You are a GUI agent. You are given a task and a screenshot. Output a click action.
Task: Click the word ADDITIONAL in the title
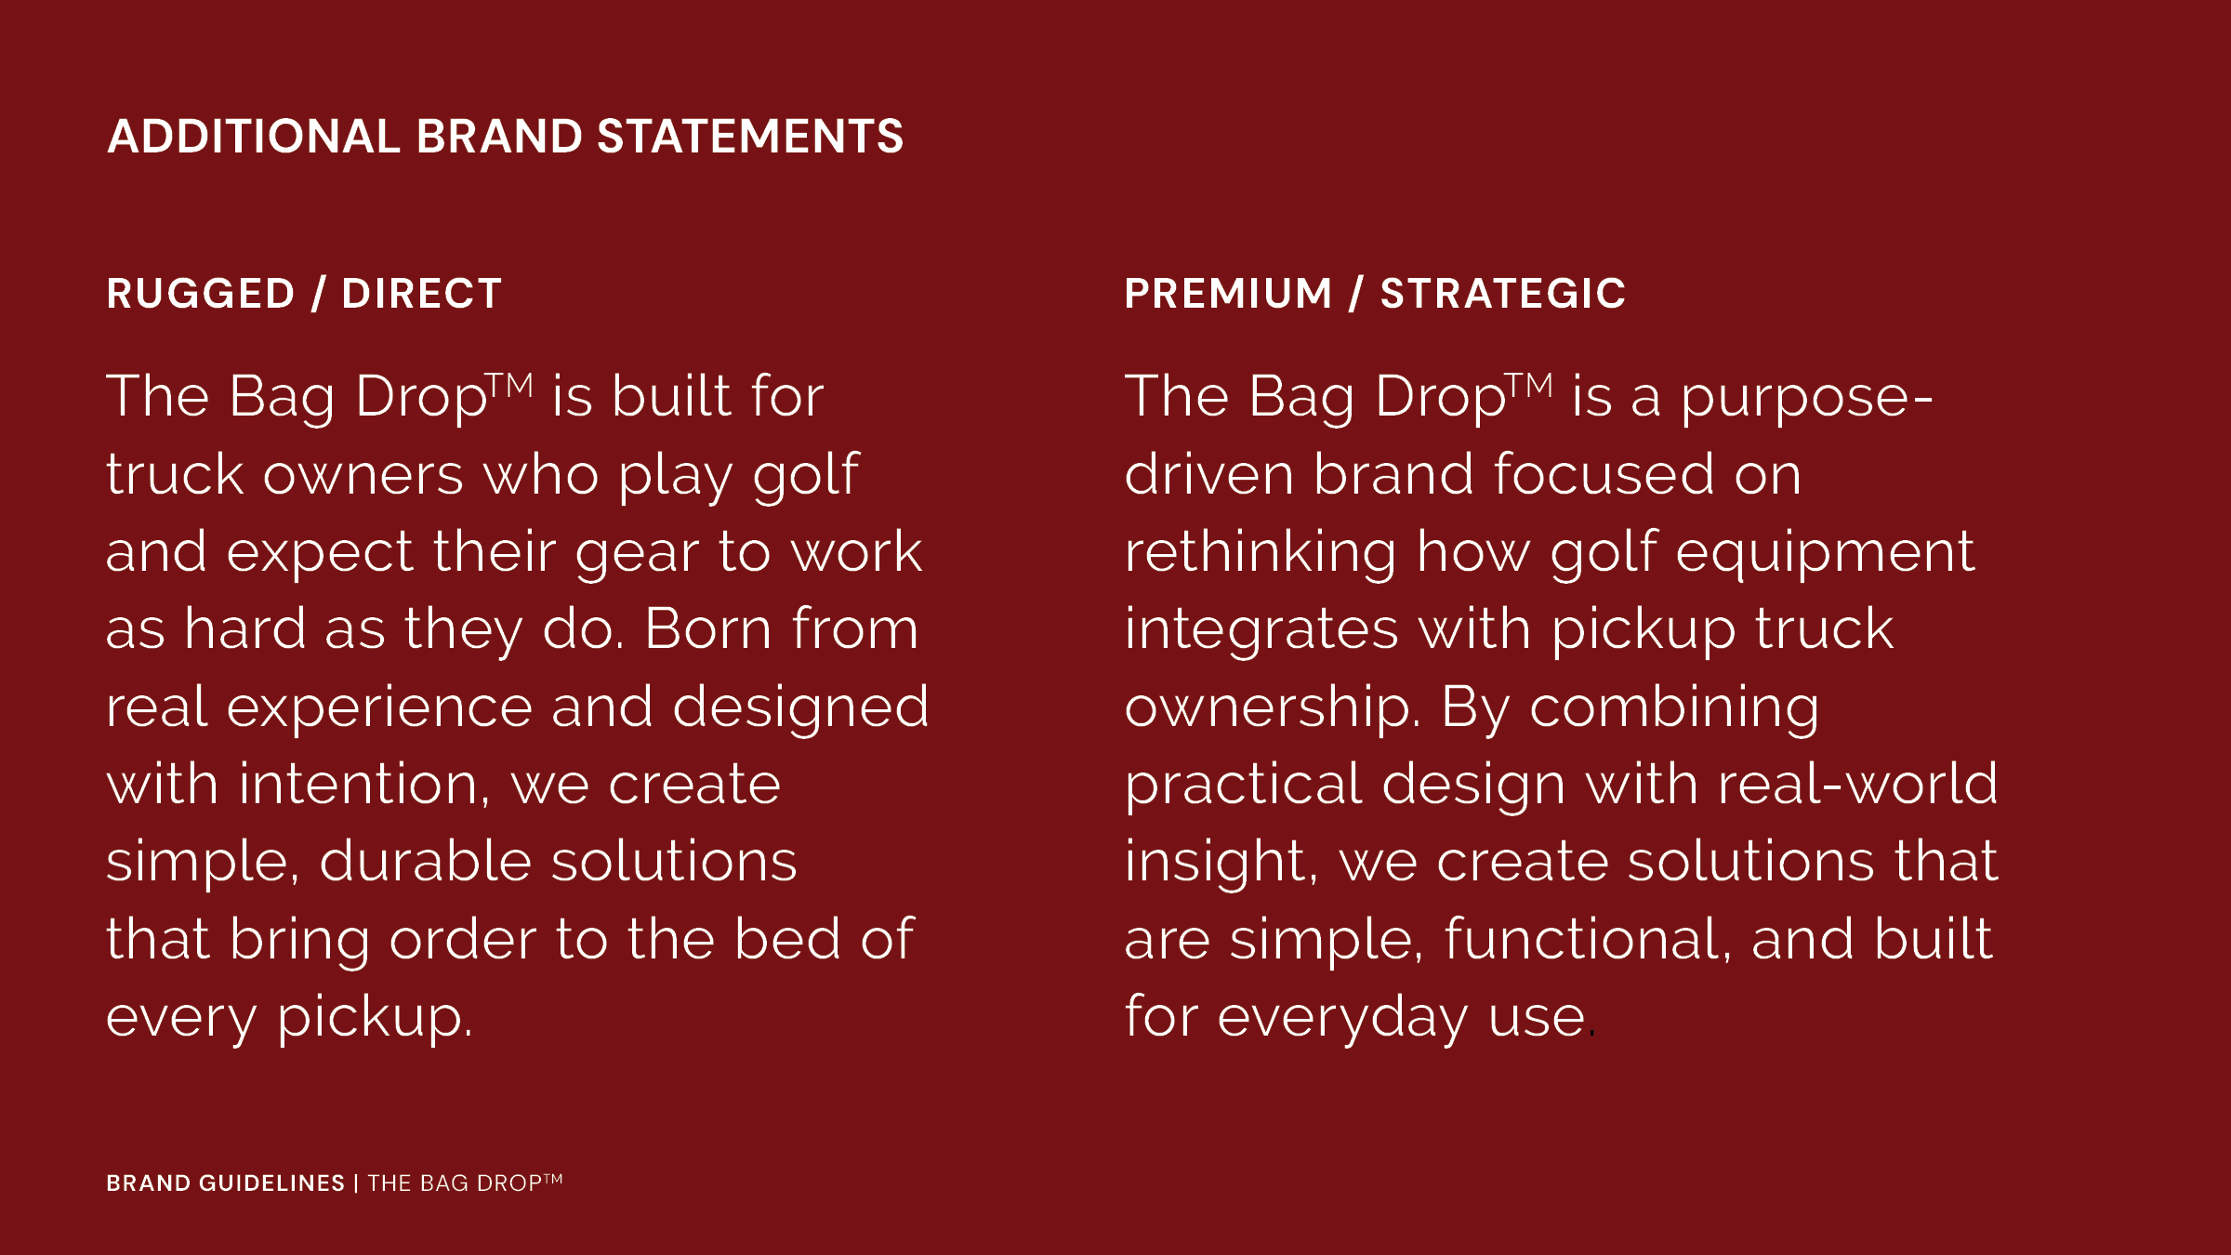click(253, 137)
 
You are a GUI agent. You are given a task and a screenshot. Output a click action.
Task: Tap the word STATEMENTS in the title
click(750, 137)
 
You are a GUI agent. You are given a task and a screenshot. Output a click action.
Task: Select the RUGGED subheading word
click(201, 294)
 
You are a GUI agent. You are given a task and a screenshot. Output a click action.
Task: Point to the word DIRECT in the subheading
click(422, 294)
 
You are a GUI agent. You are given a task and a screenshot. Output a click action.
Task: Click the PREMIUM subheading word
click(1229, 294)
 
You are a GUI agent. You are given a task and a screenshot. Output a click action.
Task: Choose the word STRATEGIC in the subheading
click(1503, 294)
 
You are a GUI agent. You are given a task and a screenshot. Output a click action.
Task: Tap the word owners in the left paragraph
click(363, 476)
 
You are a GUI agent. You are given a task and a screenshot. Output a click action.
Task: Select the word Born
click(707, 629)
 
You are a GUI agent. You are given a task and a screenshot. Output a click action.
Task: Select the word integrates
click(1261, 630)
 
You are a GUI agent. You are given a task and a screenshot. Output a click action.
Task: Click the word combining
click(1674, 708)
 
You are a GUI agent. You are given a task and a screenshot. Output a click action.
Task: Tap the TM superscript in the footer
click(553, 1178)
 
